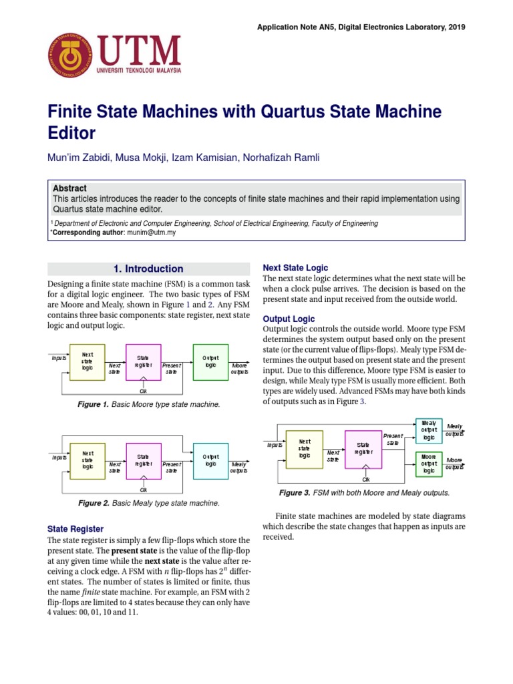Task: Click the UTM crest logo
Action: point(70,55)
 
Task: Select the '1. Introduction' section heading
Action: point(148,269)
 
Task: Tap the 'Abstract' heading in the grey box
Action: point(69,188)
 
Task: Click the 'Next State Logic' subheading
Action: point(295,267)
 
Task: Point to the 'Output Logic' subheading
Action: point(289,319)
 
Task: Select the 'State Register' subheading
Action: point(76,528)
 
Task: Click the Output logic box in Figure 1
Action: point(210,362)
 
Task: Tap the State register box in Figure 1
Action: point(144,362)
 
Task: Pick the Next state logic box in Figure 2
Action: point(88,460)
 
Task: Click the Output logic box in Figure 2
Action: point(210,460)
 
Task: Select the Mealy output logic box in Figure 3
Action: point(429,431)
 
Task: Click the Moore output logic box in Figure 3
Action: point(429,463)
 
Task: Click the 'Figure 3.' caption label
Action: point(294,493)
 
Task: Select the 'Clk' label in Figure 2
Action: point(144,489)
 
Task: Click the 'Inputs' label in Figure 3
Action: point(275,445)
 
